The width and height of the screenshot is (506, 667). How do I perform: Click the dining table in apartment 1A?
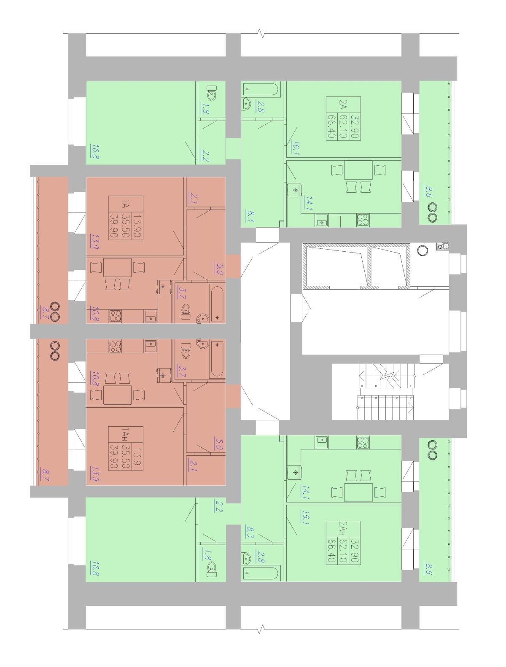117,267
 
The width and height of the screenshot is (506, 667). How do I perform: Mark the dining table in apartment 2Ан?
358,492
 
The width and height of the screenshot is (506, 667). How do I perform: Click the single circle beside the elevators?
422,250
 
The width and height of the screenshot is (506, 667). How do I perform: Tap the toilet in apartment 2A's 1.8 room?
212,93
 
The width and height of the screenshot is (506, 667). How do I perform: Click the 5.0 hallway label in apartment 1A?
219,268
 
